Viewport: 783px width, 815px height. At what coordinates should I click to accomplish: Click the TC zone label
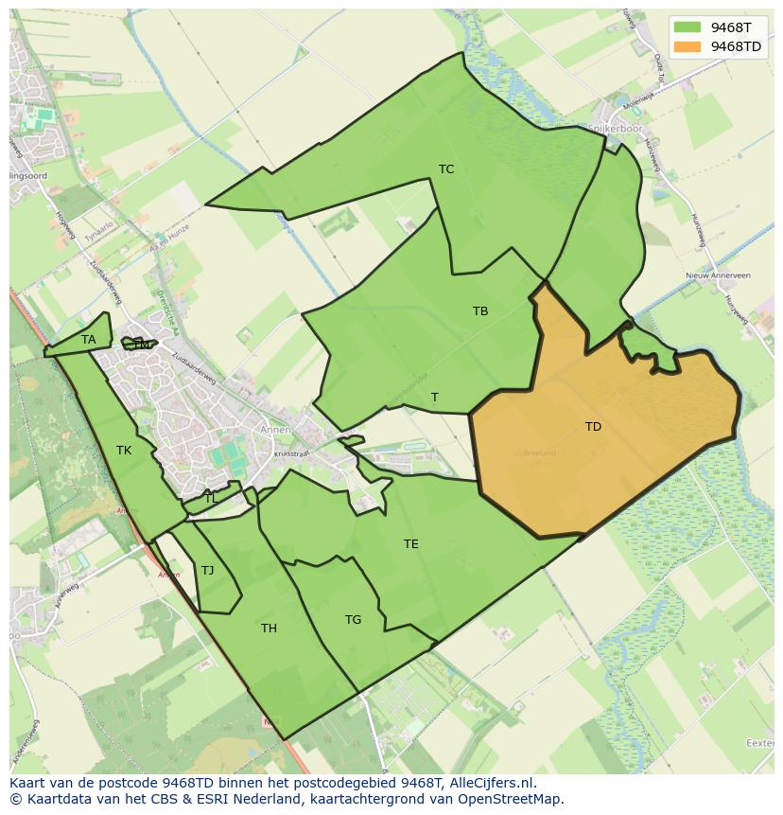(446, 169)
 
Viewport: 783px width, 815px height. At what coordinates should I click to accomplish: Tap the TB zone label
(480, 311)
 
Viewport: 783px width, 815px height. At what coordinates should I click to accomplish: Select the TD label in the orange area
(593, 427)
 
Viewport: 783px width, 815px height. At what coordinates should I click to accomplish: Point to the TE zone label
(411, 544)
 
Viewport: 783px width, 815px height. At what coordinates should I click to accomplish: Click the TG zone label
(353, 620)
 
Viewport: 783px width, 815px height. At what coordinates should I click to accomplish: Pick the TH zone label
(269, 629)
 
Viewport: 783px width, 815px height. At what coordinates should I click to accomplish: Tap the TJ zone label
(208, 571)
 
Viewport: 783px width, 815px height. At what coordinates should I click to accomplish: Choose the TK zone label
(124, 451)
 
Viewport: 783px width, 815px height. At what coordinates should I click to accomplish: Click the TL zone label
(210, 498)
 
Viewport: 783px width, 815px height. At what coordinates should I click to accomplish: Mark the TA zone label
(89, 340)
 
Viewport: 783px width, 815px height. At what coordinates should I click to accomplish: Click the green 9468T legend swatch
(687, 28)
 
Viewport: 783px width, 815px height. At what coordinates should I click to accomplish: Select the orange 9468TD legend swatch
(687, 46)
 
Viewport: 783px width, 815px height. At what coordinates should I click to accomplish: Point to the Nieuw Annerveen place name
(718, 275)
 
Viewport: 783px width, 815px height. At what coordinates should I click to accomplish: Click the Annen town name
(280, 428)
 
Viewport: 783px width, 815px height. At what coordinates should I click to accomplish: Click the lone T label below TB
(434, 398)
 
